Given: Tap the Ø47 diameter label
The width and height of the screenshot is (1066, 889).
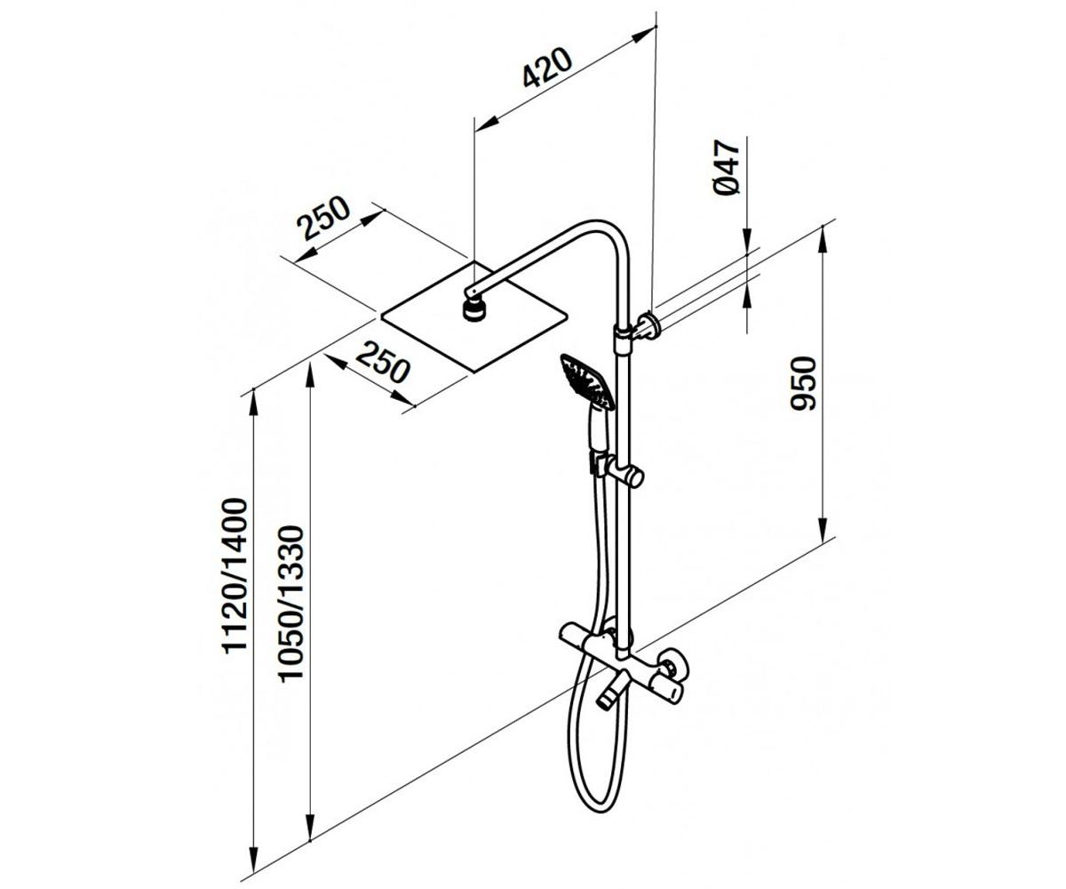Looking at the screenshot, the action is [727, 167].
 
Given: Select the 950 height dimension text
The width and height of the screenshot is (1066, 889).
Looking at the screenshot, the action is [803, 383].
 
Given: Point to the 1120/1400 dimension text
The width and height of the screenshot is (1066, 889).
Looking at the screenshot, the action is [235, 575].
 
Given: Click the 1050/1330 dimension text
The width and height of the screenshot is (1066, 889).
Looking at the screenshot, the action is [291, 602].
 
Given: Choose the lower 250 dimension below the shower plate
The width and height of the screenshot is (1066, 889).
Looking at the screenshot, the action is [382, 362].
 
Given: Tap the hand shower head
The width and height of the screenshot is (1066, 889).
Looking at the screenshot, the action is [587, 381].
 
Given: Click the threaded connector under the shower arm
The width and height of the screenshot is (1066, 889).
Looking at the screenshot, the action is [473, 310].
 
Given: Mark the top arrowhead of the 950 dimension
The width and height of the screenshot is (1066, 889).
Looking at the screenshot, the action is [823, 240].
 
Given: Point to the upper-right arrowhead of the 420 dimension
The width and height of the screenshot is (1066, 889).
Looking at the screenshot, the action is [643, 34].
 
